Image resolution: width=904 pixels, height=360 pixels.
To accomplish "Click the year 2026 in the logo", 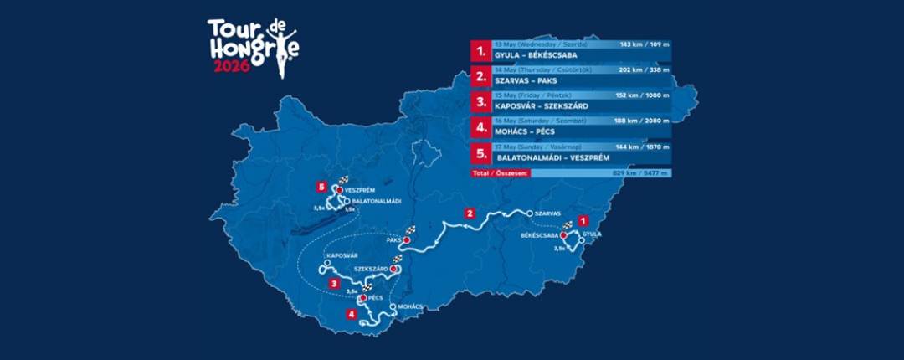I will pyautogui.click(x=231, y=67).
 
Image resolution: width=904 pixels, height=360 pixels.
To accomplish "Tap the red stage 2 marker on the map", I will pyautogui.click(x=470, y=213).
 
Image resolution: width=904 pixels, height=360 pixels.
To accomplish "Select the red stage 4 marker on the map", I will pyautogui.click(x=352, y=315).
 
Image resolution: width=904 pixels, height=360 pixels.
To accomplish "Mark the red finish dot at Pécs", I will pyautogui.click(x=362, y=298).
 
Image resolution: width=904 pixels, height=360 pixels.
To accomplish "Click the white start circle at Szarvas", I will pyautogui.click(x=529, y=213).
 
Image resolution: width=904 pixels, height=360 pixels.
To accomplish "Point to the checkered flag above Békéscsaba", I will pyautogui.click(x=568, y=226).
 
